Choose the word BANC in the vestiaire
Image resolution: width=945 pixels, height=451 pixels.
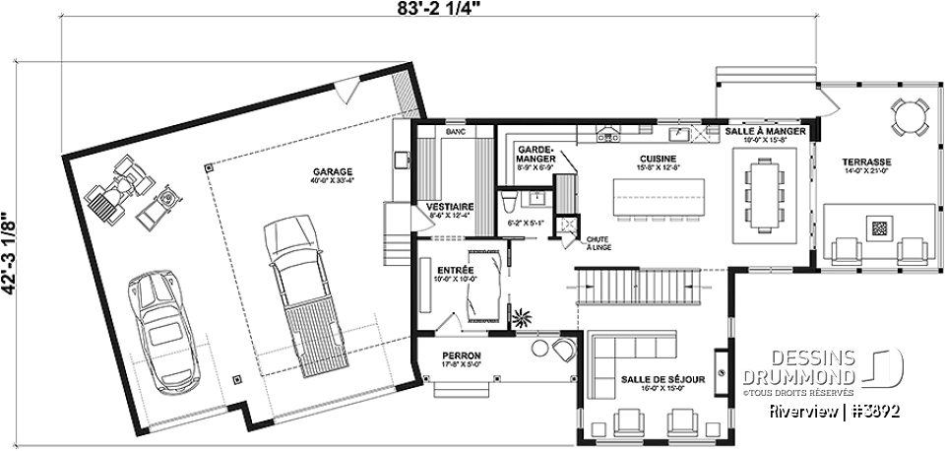454,131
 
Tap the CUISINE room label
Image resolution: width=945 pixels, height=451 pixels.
629,157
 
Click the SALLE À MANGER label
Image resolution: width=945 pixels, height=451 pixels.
766,131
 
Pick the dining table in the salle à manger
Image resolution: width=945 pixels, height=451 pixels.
765,195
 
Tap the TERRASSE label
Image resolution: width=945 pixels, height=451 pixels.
866,161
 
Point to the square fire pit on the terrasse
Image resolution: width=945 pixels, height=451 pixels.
880,229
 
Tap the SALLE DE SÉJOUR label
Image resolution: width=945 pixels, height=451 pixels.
651,380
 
